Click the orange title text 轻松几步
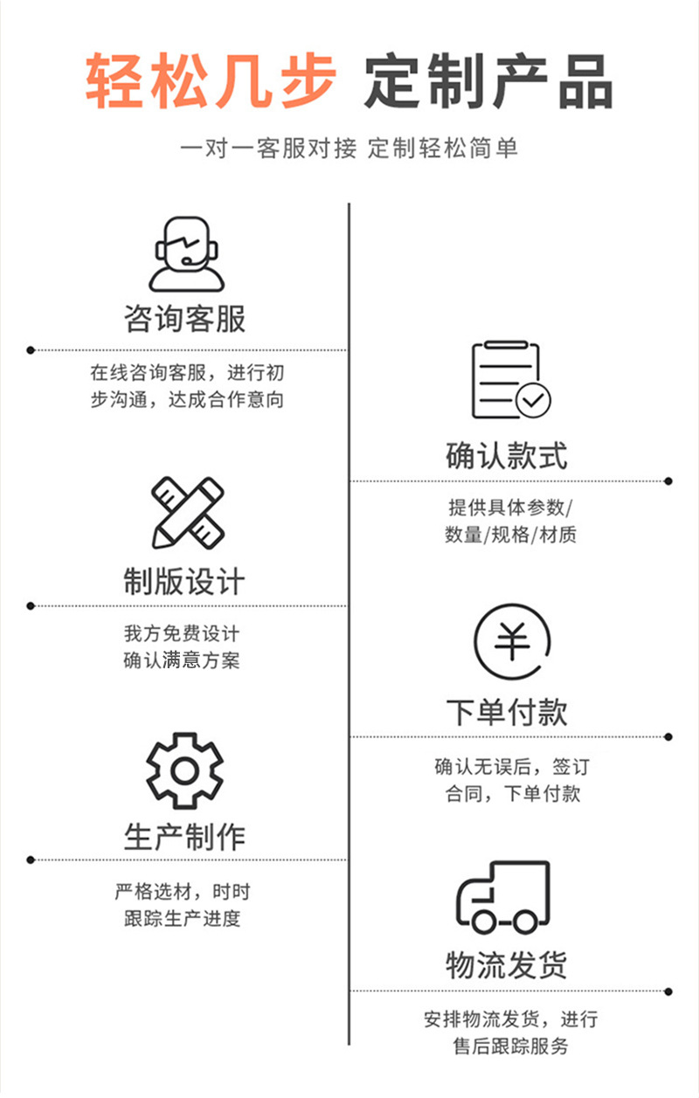[x=211, y=81]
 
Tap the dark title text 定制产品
[x=488, y=81]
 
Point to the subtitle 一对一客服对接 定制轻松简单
[x=349, y=148]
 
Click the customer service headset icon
[x=186, y=253]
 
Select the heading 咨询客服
[x=185, y=319]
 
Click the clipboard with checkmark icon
[x=509, y=380]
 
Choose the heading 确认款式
[x=507, y=455]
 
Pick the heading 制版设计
[x=184, y=582]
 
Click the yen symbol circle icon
[x=511, y=642]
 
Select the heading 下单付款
[x=507, y=712]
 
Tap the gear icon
[x=184, y=770]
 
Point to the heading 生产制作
[x=184, y=836]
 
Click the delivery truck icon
[x=504, y=898]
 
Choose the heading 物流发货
[x=507, y=965]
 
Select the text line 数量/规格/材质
[x=510, y=535]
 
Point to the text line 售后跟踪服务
[x=510, y=1046]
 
